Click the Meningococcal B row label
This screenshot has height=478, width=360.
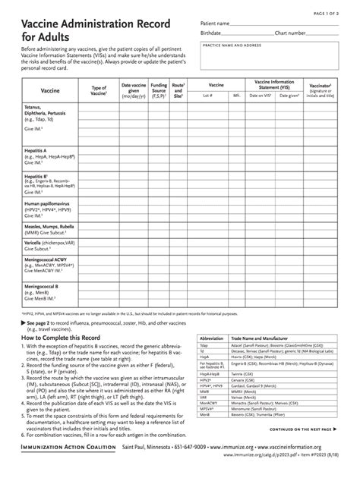click(43, 286)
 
